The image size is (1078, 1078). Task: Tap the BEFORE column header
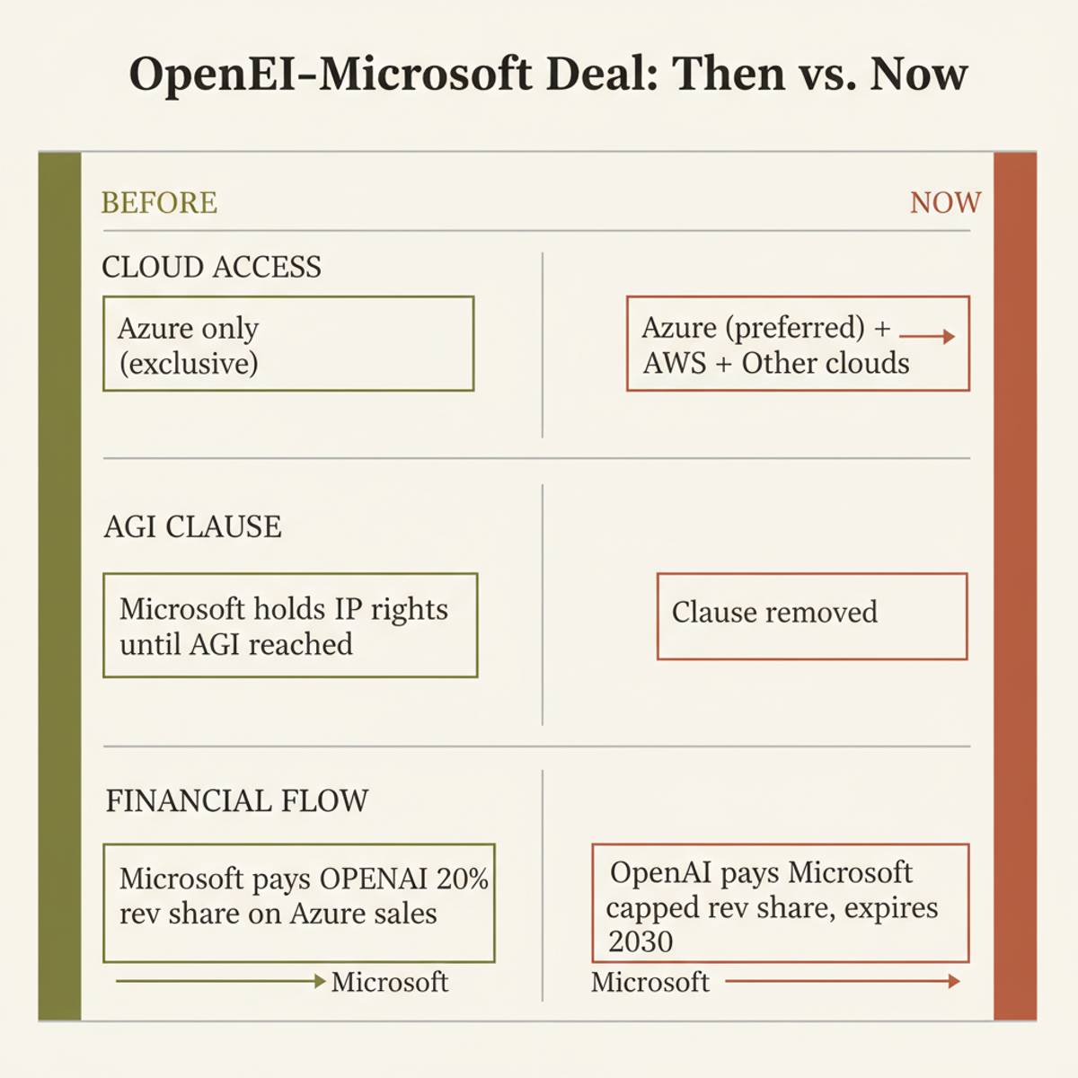click(159, 203)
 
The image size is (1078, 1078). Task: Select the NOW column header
click(945, 203)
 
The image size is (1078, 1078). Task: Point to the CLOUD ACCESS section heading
click(211, 268)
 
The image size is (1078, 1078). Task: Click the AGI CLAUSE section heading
click(192, 526)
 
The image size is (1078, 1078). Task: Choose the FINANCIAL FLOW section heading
click(237, 800)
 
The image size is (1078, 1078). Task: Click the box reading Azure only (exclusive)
click(288, 344)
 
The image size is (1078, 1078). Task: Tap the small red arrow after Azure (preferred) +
click(927, 337)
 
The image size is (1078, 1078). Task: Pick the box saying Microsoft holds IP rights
click(290, 625)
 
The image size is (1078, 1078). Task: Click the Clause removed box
click(812, 616)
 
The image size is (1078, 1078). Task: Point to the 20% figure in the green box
click(463, 879)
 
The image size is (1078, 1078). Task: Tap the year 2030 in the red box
click(641, 941)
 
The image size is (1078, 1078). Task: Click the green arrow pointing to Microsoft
click(220, 982)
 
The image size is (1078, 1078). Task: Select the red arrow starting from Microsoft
click(842, 982)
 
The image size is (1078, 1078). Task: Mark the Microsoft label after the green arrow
click(389, 983)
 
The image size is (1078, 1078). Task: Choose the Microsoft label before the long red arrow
click(650, 983)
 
